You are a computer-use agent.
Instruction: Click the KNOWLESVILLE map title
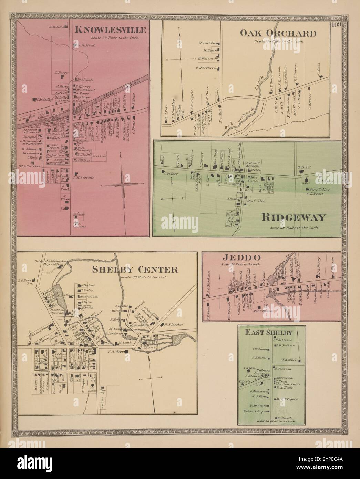(110, 30)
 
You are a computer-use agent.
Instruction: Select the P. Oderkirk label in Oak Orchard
(206, 68)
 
